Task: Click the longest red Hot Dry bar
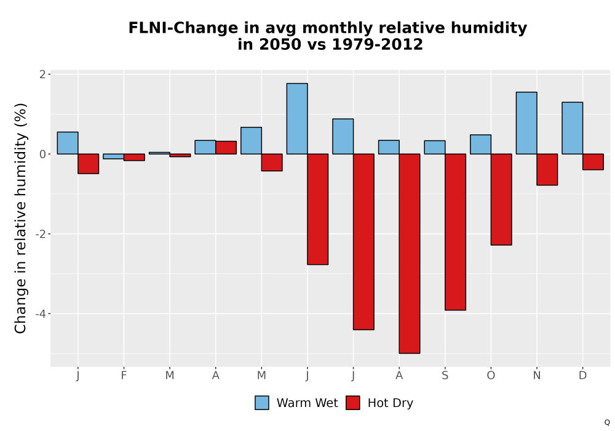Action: [410, 254]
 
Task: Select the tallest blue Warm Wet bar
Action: [297, 119]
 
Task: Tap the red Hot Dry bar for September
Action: [455, 232]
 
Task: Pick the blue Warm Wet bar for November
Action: [526, 123]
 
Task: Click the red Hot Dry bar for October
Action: [501, 199]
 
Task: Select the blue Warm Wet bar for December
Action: [572, 128]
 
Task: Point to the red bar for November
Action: [547, 169]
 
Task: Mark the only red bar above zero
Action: [226, 148]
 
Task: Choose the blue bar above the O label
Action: [480, 145]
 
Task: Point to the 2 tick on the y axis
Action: [43, 74]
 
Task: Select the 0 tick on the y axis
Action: [43, 155]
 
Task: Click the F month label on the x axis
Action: [124, 376]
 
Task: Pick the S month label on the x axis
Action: [445, 376]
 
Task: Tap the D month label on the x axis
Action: [582, 376]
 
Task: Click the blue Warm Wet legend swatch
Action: [262, 403]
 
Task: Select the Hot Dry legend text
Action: [391, 403]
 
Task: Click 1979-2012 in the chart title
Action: [378, 44]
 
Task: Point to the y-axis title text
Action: [20, 218]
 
